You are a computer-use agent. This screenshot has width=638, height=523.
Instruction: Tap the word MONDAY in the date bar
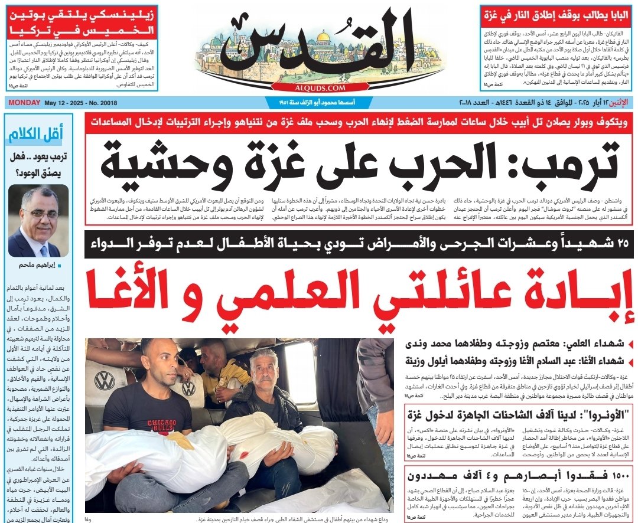coord(23,102)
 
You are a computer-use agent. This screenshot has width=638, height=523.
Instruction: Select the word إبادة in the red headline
coord(578,293)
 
